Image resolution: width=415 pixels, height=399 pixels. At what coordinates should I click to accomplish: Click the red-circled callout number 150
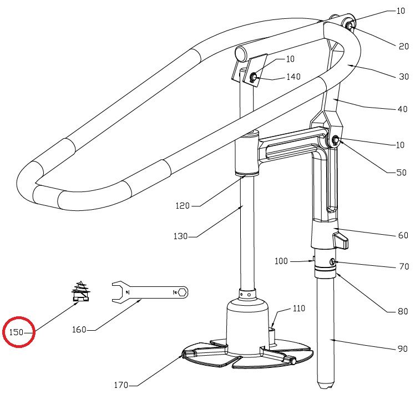pyautogui.click(x=16, y=332)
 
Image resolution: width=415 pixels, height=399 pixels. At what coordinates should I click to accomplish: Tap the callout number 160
pyautogui.click(x=79, y=330)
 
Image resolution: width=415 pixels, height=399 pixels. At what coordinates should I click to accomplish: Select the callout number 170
pyautogui.click(x=121, y=385)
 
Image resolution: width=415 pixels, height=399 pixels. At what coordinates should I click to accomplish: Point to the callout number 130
pyautogui.click(x=180, y=236)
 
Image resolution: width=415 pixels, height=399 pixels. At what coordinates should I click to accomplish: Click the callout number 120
pyautogui.click(x=183, y=206)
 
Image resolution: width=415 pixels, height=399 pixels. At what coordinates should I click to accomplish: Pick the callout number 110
pyautogui.click(x=299, y=309)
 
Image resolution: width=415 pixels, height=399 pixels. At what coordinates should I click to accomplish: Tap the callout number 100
pyautogui.click(x=281, y=261)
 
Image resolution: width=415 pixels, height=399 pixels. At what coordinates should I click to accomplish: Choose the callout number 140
pyautogui.click(x=293, y=77)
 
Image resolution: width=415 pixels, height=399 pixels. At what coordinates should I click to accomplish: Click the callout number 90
pyautogui.click(x=403, y=349)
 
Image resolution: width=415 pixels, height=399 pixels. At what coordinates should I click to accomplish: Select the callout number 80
pyautogui.click(x=403, y=311)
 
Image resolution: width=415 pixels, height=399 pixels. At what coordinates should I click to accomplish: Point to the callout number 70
pyautogui.click(x=404, y=266)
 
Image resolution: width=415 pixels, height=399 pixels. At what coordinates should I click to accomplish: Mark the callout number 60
pyautogui.click(x=403, y=235)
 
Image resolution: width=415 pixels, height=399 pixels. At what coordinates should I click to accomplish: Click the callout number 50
pyautogui.click(x=401, y=173)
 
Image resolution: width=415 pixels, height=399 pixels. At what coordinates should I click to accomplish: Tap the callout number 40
pyautogui.click(x=402, y=109)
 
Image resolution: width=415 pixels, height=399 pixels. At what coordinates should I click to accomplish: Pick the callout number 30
pyautogui.click(x=404, y=77)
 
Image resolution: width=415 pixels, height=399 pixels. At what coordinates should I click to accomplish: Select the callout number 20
pyautogui.click(x=404, y=46)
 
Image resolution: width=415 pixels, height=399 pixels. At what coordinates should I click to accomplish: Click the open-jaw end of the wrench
pyautogui.click(x=118, y=292)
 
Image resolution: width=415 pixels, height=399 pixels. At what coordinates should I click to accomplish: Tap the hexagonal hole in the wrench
pyautogui.click(x=182, y=292)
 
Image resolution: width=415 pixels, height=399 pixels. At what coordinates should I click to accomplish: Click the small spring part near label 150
pyautogui.click(x=80, y=291)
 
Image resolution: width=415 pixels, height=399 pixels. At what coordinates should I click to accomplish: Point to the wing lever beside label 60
pyautogui.click(x=341, y=241)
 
